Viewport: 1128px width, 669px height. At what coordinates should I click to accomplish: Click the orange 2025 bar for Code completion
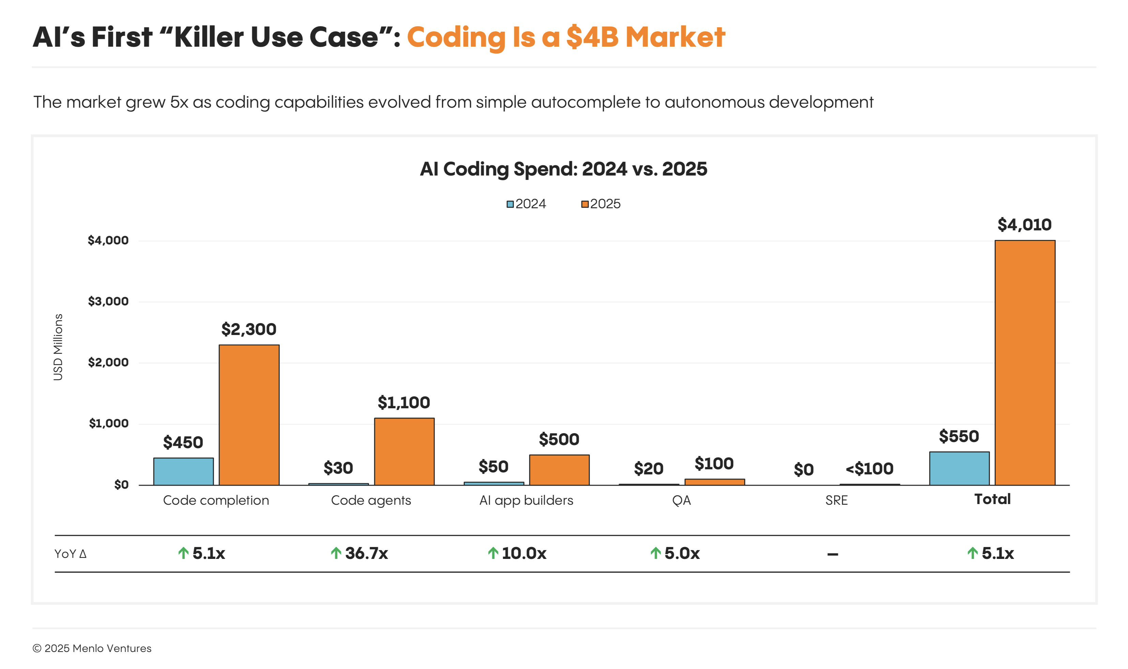[x=249, y=415]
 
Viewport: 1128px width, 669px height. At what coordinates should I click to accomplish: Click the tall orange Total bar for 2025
[x=1024, y=363]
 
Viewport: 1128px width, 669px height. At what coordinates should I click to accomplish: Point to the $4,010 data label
[x=1024, y=225]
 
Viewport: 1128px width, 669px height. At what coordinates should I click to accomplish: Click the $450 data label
[x=183, y=442]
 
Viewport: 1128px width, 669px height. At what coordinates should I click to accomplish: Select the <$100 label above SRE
[x=869, y=469]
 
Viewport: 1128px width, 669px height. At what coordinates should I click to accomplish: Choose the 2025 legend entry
[x=601, y=204]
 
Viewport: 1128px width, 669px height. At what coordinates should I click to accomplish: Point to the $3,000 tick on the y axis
[x=108, y=301]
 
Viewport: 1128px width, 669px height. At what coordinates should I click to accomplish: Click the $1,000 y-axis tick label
[x=109, y=423]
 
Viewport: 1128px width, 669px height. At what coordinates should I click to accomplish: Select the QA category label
[x=681, y=500]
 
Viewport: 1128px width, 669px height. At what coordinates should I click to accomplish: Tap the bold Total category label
[x=992, y=499]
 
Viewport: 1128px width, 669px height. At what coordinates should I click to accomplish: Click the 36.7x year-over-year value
[x=366, y=553]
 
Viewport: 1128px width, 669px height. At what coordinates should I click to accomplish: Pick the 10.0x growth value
[x=524, y=553]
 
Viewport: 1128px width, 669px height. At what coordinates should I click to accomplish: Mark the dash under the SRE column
[x=832, y=554]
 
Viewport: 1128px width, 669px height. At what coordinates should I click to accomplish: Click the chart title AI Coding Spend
[x=563, y=169]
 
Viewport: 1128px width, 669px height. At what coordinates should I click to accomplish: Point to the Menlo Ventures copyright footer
[x=92, y=648]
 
